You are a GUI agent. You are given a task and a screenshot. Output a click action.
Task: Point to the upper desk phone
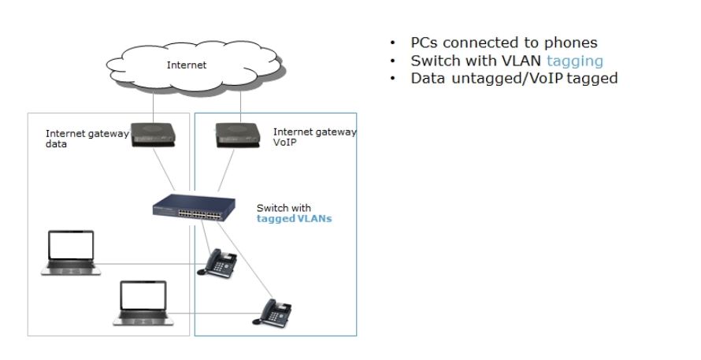[217, 263]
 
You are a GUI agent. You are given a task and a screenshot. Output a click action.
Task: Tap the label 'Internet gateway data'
[87, 139]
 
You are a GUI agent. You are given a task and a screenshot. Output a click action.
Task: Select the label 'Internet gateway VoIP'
[314, 137]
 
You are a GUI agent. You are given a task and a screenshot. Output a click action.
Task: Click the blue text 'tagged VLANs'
[294, 219]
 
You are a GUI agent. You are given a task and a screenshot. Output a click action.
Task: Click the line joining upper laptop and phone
[150, 264]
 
